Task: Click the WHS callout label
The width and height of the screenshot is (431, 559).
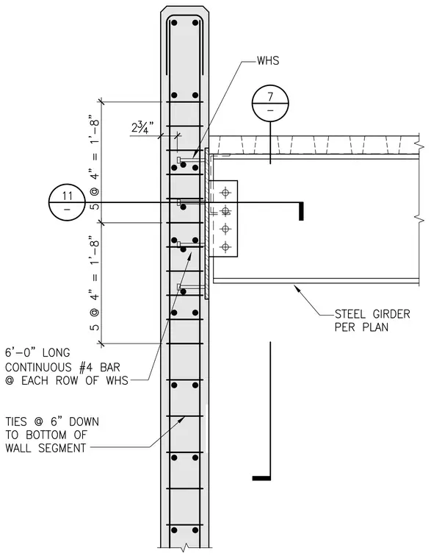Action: (x=268, y=60)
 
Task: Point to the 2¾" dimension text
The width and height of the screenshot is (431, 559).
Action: (x=142, y=127)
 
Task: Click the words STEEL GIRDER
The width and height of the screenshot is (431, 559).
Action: (x=372, y=314)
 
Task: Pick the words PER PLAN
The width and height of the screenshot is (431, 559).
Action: (x=361, y=327)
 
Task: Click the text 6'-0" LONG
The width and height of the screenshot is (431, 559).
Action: (x=37, y=353)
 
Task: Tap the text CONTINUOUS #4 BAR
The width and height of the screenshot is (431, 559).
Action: (x=62, y=367)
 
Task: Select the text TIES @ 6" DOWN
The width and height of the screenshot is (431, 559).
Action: (x=52, y=421)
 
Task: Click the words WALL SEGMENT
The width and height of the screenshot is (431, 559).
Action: (x=46, y=448)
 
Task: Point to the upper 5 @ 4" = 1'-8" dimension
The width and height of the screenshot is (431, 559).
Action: (x=94, y=163)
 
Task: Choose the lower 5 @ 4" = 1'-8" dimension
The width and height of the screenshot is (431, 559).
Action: (x=94, y=283)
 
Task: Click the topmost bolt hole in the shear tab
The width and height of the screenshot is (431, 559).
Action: (x=225, y=193)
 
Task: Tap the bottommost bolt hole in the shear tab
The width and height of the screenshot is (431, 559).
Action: (x=225, y=246)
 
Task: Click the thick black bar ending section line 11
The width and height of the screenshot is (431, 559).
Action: (x=301, y=211)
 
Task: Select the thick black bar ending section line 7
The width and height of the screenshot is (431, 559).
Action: (x=261, y=478)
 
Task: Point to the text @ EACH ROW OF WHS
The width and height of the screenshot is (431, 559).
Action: (x=67, y=380)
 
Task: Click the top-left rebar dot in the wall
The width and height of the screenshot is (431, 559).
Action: (x=174, y=24)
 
